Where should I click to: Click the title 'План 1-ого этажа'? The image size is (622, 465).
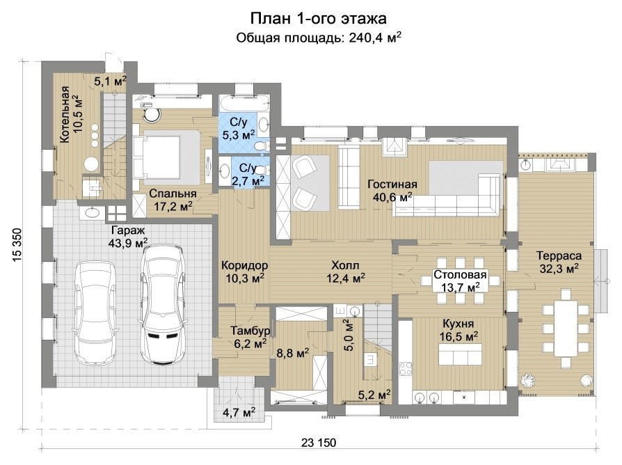click(318, 18)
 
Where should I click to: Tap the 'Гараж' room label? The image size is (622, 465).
click(128, 230)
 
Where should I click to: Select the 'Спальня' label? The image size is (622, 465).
click(173, 194)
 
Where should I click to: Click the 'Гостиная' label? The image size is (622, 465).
click(392, 184)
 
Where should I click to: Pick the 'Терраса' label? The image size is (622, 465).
click(559, 255)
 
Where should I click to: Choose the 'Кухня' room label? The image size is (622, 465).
click(458, 324)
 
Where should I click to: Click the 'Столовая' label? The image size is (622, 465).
click(460, 274)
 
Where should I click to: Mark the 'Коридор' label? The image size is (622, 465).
click(244, 265)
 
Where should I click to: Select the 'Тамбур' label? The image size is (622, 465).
click(250, 331)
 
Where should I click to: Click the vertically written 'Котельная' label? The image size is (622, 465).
click(65, 115)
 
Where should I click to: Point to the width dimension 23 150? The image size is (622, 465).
click(319, 443)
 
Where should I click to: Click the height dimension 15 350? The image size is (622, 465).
click(17, 245)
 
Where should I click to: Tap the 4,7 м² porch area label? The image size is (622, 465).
click(239, 412)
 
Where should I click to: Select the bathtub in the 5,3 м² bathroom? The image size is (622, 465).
click(244, 104)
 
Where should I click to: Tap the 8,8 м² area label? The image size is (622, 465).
click(293, 352)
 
